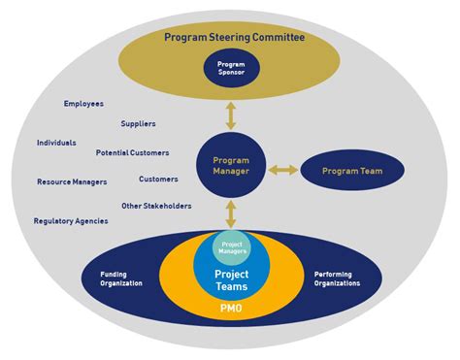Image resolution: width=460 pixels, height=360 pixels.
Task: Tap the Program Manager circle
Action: (x=230, y=166)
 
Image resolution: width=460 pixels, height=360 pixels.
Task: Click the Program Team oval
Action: (x=353, y=171)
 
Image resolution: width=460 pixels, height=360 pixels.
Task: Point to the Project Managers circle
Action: (x=231, y=247)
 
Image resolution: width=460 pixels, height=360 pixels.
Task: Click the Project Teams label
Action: (x=231, y=279)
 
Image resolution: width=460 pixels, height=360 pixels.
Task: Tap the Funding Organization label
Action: (x=120, y=278)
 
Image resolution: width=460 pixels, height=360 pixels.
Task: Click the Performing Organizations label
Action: (x=337, y=278)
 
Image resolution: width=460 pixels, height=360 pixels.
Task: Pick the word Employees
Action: (x=83, y=104)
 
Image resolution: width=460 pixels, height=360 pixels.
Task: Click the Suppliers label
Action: (x=138, y=123)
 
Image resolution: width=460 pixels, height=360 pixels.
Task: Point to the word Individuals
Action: (x=56, y=143)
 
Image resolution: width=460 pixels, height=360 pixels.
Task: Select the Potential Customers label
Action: (x=132, y=152)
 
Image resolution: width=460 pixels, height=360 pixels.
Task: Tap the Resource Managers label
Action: (x=72, y=181)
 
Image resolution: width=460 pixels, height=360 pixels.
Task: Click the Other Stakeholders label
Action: (x=156, y=206)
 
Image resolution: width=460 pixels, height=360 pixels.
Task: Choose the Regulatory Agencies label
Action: (x=70, y=220)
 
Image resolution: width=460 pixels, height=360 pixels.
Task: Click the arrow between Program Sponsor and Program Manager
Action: (x=230, y=115)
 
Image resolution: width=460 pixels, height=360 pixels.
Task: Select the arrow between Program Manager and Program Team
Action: (x=283, y=171)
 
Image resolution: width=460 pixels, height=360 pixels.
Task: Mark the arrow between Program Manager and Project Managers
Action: (x=230, y=213)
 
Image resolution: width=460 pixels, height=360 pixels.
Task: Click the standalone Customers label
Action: (x=158, y=179)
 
